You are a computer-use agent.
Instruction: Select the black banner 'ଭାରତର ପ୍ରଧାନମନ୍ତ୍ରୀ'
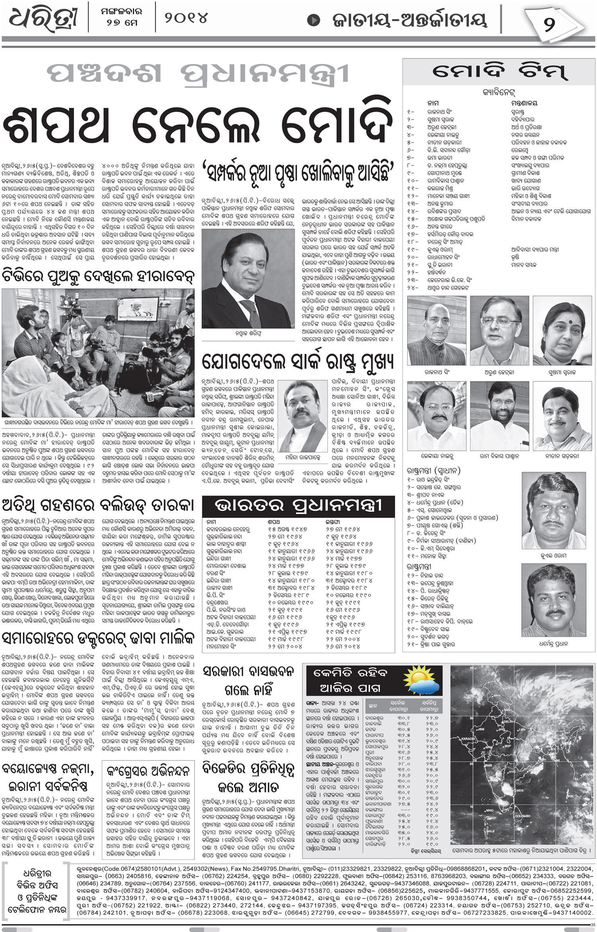(x=298, y=506)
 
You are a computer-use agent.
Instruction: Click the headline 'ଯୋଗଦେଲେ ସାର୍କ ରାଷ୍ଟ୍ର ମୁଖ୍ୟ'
(x=298, y=362)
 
